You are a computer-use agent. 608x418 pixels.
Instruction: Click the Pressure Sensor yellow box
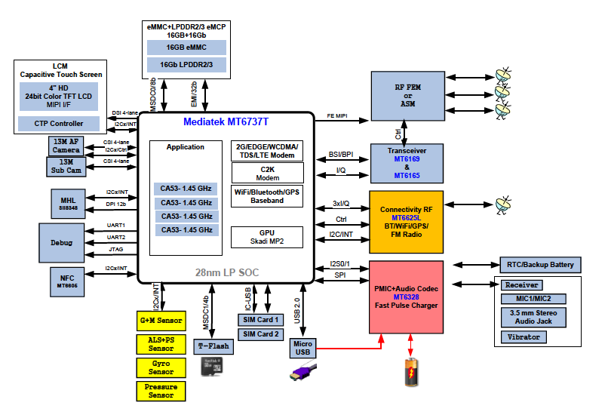160,390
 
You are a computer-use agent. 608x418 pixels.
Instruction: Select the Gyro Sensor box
160,367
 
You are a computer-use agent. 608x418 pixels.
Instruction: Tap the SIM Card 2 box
259,333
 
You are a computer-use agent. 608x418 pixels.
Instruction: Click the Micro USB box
302,349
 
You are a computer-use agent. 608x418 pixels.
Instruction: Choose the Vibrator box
524,337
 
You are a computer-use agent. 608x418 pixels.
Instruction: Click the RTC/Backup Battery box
541,264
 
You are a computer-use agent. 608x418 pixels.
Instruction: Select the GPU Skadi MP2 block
266,237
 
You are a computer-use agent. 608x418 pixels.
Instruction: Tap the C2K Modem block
266,172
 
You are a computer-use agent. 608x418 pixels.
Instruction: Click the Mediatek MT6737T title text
226,121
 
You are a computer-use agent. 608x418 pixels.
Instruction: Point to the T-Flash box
213,346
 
